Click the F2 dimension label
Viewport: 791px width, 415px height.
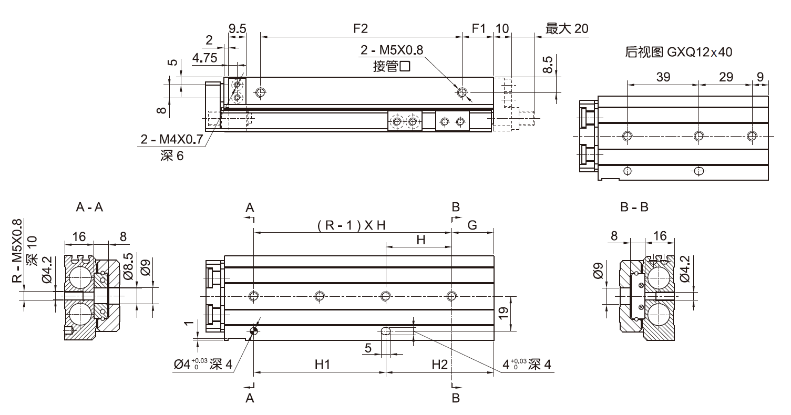click(x=360, y=29)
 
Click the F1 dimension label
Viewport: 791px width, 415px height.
click(x=478, y=29)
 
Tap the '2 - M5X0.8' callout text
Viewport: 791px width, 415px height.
click(x=392, y=50)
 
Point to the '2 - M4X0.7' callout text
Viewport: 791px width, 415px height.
click(x=171, y=140)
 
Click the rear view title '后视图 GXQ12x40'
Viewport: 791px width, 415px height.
click(x=679, y=52)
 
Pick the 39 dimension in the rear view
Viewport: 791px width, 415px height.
click(x=663, y=77)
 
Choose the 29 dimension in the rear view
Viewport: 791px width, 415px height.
click(x=725, y=77)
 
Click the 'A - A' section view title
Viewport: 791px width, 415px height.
click(x=89, y=207)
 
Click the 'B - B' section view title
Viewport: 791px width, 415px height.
click(x=634, y=207)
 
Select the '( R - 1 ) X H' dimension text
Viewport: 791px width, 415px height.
click(x=352, y=225)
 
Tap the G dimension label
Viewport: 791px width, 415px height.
click(x=472, y=225)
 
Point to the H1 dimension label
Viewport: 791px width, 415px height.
click(x=322, y=364)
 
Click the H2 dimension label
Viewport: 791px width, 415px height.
click(x=439, y=364)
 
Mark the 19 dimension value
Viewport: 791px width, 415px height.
click(x=504, y=314)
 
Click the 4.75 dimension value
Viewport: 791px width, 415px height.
click(x=204, y=58)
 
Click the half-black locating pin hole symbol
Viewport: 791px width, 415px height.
click(x=254, y=331)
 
